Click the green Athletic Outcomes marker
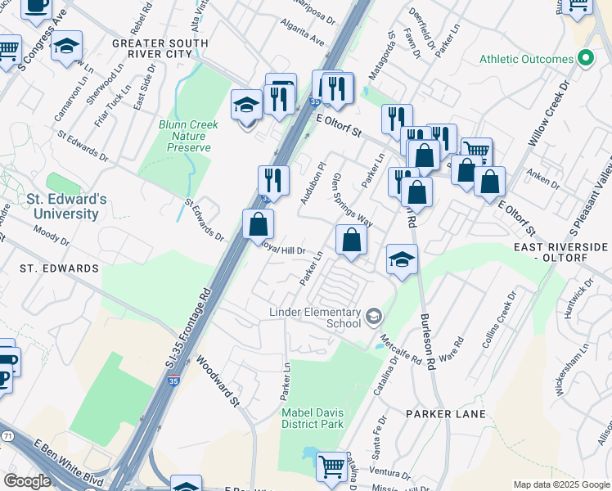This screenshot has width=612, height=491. coord(585,59)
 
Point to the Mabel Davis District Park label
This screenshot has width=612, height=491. coord(312,418)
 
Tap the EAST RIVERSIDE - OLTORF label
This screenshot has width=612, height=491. coord(560,253)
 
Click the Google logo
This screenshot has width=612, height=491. coord(27,481)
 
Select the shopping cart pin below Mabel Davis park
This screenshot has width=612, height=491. coord(331,467)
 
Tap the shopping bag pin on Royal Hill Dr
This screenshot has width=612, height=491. coord(258,223)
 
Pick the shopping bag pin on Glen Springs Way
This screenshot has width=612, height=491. coord(351,241)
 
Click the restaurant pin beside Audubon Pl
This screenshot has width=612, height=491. coord(273,181)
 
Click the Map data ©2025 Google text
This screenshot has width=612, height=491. coord(561,484)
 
